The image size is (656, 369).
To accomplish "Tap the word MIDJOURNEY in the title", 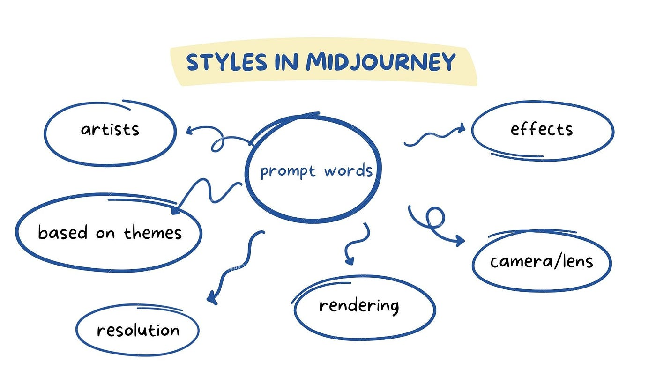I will [380, 63].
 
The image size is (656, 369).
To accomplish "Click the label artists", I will [110, 129].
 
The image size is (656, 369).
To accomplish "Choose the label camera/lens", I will [542, 261].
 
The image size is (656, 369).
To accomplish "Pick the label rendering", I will [359, 306].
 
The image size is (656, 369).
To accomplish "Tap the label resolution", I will [138, 330].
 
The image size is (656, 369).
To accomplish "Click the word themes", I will [153, 233].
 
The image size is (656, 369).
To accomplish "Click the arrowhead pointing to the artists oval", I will [190, 131].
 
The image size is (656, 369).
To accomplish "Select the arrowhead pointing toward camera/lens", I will [460, 242].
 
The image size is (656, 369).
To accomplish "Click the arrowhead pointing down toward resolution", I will [212, 298].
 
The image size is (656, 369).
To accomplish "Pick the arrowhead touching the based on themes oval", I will [176, 210].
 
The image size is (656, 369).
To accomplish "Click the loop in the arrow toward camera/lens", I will [436, 217].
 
